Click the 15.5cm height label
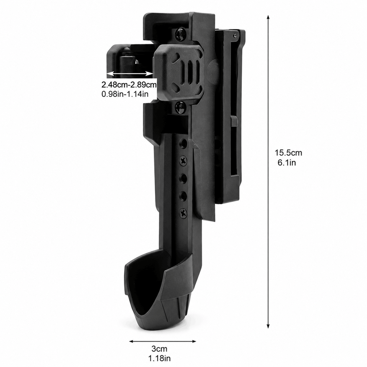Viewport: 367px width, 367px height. click(x=288, y=153)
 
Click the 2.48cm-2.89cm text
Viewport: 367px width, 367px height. click(x=129, y=84)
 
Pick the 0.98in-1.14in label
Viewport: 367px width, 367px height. click(x=125, y=94)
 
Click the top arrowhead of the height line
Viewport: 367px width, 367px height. click(x=268, y=17)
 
